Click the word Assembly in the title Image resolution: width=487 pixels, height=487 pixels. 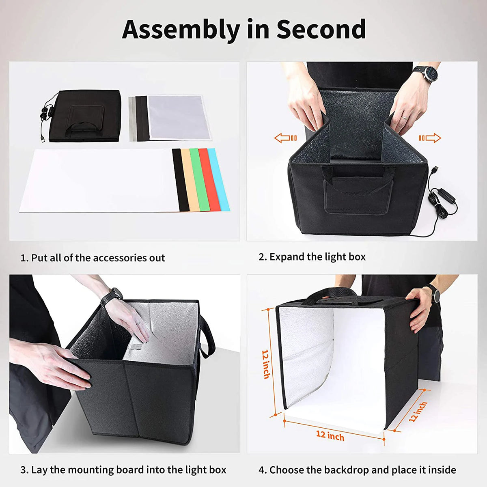point(181,29)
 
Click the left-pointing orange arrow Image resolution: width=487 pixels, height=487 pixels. point(285,138)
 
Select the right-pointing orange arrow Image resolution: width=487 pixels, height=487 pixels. point(430,138)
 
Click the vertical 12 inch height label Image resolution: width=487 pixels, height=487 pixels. point(266,364)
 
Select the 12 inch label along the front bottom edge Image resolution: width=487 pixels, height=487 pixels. point(330,436)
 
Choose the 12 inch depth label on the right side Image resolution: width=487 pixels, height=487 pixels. point(418,412)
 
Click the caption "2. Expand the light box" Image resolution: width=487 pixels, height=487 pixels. point(312,257)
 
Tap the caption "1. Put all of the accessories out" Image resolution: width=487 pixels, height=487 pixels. point(93,258)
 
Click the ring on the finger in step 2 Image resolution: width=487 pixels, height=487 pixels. point(405,116)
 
